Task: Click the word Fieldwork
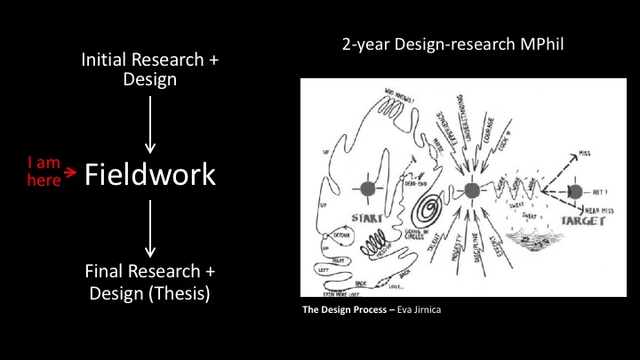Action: (x=149, y=175)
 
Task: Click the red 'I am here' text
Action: (x=44, y=171)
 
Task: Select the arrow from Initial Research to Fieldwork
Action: (x=150, y=124)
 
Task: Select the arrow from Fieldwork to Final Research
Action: (x=150, y=228)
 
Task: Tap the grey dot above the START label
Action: (x=365, y=189)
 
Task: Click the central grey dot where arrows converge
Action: (x=472, y=189)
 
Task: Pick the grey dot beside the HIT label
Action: (x=574, y=192)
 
